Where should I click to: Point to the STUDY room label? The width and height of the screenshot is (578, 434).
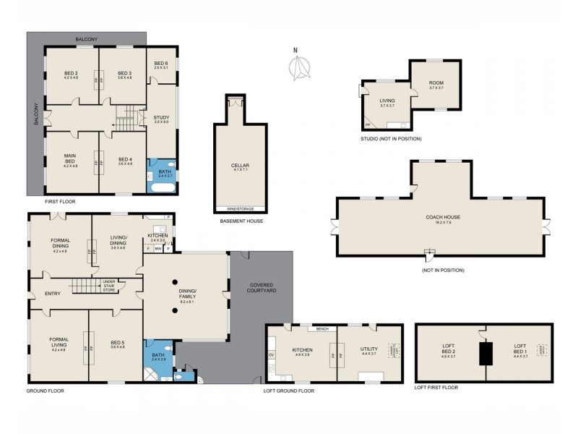pyautogui.click(x=161, y=119)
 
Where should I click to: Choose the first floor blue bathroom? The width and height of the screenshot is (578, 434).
pyautogui.click(x=161, y=176)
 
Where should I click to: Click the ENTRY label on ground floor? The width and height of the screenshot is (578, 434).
pyautogui.click(x=51, y=293)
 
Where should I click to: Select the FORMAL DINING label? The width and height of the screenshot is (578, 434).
pyautogui.click(x=60, y=245)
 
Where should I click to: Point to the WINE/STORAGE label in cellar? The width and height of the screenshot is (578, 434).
pyautogui.click(x=240, y=209)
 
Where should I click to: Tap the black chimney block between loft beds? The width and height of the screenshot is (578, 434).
pyautogui.click(x=485, y=354)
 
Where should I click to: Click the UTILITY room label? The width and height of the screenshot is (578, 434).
pyautogui.click(x=368, y=352)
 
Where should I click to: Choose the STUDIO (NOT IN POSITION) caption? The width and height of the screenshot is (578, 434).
pyautogui.click(x=391, y=138)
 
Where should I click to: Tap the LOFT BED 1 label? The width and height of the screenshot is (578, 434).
pyautogui.click(x=521, y=351)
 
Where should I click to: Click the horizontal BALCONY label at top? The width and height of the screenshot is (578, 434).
pyautogui.click(x=86, y=39)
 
